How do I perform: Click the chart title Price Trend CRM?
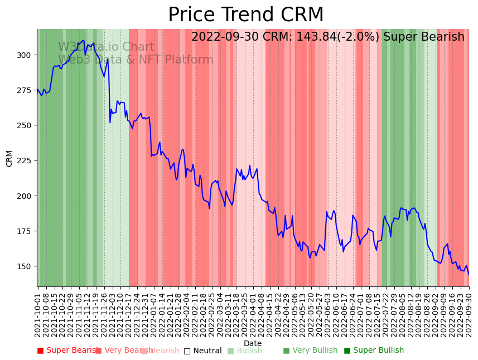click(x=245, y=15)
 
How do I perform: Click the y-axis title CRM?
click(x=9, y=158)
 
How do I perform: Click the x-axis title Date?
click(x=253, y=344)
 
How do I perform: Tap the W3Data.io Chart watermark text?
click(x=106, y=47)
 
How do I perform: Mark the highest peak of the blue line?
click(x=83, y=40)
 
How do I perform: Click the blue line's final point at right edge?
click(x=469, y=274)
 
